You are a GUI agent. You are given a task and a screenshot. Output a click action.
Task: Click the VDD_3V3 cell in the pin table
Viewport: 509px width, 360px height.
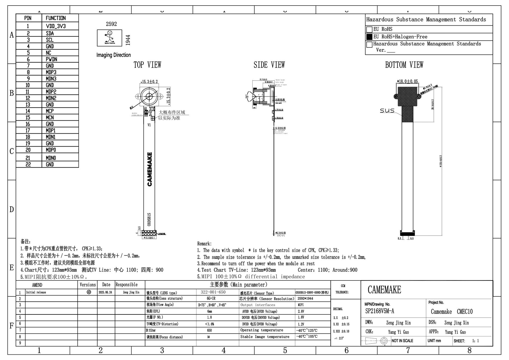[56, 26]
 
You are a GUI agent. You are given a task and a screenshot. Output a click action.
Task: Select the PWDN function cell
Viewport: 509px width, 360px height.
[51, 59]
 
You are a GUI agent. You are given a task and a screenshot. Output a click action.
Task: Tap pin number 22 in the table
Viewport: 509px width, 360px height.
[28, 164]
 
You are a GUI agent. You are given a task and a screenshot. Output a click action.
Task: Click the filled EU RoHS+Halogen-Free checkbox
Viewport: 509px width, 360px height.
[369, 37]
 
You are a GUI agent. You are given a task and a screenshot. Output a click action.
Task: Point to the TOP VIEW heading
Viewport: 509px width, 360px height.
[147, 65]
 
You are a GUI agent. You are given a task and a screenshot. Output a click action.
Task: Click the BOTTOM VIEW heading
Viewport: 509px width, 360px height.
[404, 65]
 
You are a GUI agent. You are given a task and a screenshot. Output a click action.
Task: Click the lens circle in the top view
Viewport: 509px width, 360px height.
[149, 96]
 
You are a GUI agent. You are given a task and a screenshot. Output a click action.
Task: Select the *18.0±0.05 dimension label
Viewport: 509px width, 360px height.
[407, 81]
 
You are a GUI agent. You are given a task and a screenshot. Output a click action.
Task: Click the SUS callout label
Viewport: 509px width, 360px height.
[387, 111]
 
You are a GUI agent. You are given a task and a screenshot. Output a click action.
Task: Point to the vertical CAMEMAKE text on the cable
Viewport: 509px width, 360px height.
[150, 169]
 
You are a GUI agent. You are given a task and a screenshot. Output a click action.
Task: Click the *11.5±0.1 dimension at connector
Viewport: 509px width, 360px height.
[149, 238]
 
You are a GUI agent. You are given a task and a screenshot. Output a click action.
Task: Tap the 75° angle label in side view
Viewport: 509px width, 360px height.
[248, 97]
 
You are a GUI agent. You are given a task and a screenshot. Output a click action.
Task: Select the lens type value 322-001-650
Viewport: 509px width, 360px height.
[213, 292]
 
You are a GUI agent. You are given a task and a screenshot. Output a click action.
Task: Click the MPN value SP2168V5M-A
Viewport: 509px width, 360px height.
[380, 311]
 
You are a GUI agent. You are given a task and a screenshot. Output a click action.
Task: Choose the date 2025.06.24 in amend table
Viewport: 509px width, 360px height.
[105, 292]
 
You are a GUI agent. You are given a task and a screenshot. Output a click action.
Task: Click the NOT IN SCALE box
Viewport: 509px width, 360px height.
[402, 341]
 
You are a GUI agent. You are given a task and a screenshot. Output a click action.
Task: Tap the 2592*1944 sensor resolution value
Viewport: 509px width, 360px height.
[305, 298]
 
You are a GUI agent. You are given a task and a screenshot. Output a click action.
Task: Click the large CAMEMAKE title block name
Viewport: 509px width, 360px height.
[384, 290]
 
